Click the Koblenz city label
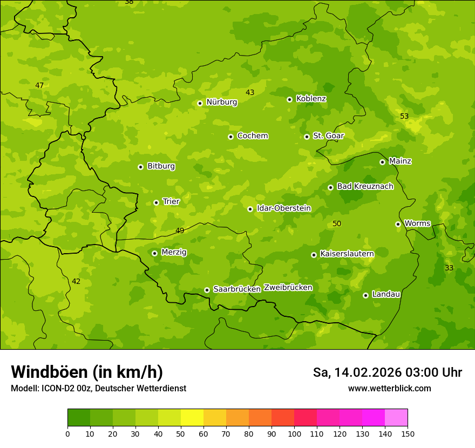[x=311, y=99]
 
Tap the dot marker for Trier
[x=156, y=202]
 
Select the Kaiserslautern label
[x=347, y=254]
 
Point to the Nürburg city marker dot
[x=200, y=103]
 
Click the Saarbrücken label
[x=237, y=289]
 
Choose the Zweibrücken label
[x=288, y=288]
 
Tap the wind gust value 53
[x=404, y=117]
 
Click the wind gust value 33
[x=449, y=268]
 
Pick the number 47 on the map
[x=39, y=86]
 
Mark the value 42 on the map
[x=76, y=282]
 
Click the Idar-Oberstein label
[x=284, y=208]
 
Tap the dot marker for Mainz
[x=382, y=162]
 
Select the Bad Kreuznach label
[x=365, y=187]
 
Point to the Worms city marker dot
[x=398, y=224]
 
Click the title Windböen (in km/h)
[x=87, y=372]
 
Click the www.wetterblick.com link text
[x=389, y=389]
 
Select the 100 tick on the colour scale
[x=294, y=433]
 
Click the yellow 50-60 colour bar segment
[x=192, y=418]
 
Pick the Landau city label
[x=386, y=294]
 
